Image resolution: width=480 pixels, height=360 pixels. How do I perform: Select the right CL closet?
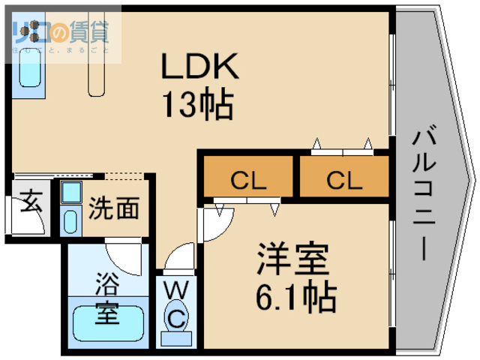[344, 180]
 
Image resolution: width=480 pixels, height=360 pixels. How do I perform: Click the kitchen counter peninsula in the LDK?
[98, 71]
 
